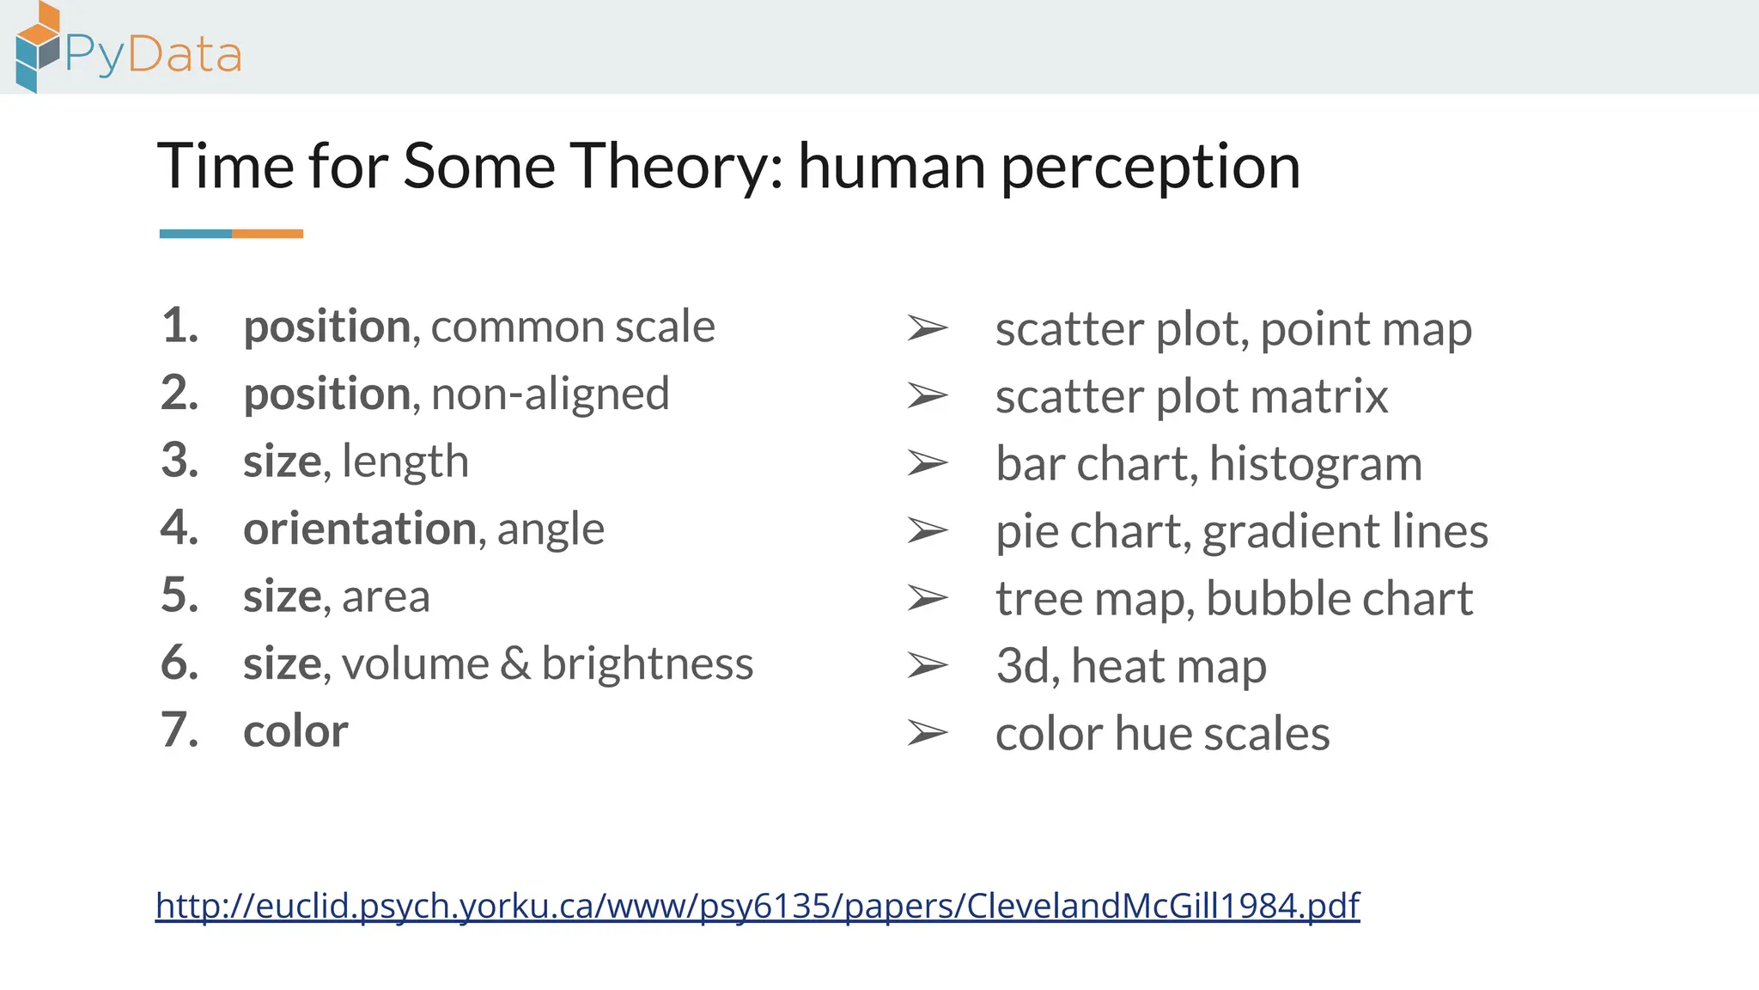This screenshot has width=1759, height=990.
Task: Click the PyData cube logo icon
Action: click(x=38, y=46)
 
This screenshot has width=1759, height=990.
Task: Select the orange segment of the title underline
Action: click(x=267, y=234)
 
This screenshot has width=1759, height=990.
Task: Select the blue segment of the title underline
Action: click(x=196, y=234)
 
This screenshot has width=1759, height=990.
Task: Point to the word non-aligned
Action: click(x=550, y=394)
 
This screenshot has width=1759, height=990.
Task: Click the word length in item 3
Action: click(x=405, y=461)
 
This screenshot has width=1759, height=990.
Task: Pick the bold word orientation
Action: click(x=359, y=529)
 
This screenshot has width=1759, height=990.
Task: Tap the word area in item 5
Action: click(x=386, y=596)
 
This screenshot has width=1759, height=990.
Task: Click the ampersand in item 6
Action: click(x=515, y=663)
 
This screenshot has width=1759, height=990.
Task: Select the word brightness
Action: click(x=648, y=663)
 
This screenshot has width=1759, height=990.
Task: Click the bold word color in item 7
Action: click(x=295, y=731)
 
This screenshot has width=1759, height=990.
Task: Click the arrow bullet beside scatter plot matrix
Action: click(x=928, y=396)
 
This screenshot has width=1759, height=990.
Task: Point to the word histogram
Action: click(x=1316, y=465)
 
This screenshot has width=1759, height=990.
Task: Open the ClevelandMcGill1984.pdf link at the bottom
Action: click(x=758, y=906)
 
